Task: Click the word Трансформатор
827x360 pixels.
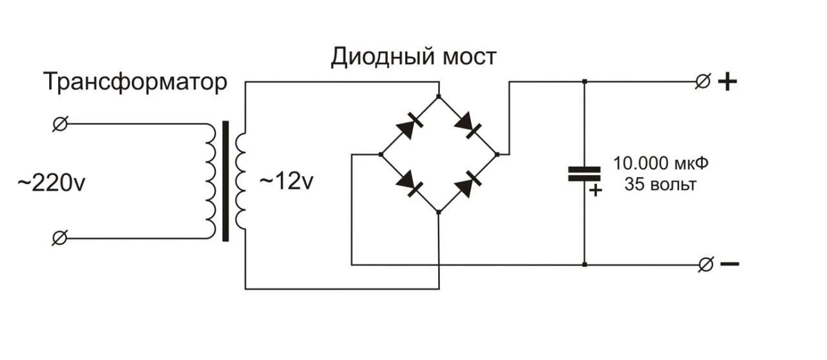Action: click(x=136, y=83)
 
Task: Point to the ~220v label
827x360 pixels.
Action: click(x=51, y=184)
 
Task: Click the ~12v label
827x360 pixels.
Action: click(x=286, y=182)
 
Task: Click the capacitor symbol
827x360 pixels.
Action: click(x=584, y=173)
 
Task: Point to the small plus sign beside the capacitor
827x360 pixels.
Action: click(x=596, y=190)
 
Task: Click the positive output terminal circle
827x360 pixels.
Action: click(x=702, y=82)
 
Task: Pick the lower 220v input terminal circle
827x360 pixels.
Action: click(x=59, y=238)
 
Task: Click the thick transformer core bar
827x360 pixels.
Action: click(x=225, y=181)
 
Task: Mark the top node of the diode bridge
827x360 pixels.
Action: click(x=439, y=97)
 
